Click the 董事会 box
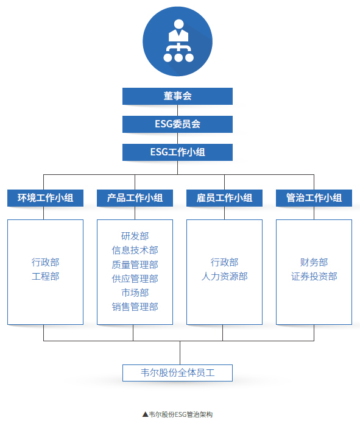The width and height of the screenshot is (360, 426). coord(177,96)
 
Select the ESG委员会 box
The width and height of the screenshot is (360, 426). coord(177,124)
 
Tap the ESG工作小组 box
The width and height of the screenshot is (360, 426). coord(177,152)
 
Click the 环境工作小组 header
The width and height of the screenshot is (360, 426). coord(45,198)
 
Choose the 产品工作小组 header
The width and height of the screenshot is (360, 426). coord(135,198)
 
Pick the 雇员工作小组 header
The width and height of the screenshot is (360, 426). coord(225,198)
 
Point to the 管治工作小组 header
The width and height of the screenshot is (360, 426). coord(314,198)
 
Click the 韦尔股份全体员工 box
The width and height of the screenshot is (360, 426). coord(177,373)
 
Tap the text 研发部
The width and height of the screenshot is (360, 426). coord(135,236)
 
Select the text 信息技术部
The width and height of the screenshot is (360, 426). coord(135,250)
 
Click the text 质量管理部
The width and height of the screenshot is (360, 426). coord(135,264)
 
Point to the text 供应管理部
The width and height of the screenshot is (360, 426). coord(135,279)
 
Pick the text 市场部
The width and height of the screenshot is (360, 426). coord(135,293)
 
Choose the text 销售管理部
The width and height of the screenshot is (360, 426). coord(135,307)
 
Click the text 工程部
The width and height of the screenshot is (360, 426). coord(45,276)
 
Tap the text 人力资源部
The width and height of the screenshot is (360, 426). coord(225,276)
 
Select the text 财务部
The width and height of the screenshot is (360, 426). coord(314,262)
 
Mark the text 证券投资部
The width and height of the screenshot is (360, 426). coord(314,276)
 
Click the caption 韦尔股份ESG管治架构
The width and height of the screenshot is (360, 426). coord(180,414)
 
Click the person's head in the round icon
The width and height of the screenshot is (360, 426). coord(178,24)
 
